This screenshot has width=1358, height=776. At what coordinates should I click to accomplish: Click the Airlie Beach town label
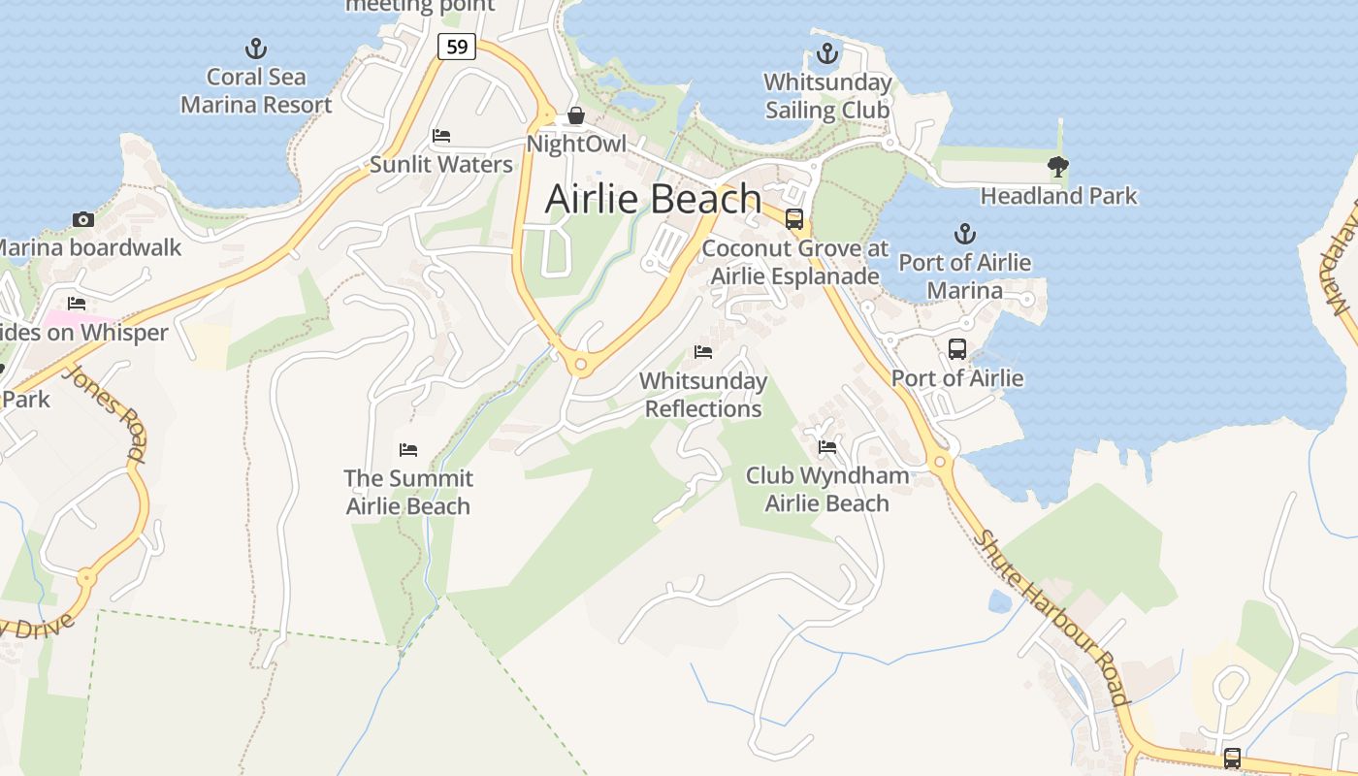[653, 199]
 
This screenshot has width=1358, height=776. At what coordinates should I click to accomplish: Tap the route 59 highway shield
[456, 46]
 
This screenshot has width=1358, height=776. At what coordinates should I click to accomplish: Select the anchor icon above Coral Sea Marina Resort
[255, 48]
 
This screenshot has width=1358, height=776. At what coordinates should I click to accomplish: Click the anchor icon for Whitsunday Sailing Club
[827, 53]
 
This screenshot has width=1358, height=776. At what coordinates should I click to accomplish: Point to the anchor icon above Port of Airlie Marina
[964, 234]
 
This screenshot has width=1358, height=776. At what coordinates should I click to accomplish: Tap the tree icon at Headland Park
[1058, 167]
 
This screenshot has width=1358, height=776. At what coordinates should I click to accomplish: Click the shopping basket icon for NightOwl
[576, 116]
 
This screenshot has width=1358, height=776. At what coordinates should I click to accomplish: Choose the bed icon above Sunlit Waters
[441, 136]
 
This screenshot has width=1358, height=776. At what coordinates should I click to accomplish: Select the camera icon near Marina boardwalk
[83, 219]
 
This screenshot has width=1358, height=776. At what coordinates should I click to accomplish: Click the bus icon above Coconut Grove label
[794, 219]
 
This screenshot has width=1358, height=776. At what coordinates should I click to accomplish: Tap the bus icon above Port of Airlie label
[957, 349]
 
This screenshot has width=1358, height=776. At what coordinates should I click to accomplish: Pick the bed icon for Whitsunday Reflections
[703, 352]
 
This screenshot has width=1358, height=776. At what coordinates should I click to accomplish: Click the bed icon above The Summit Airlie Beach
[408, 450]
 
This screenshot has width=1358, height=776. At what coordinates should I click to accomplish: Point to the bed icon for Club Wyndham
[827, 447]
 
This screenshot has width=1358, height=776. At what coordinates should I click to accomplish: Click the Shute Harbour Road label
[1052, 618]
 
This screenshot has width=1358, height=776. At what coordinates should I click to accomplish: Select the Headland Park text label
[1058, 196]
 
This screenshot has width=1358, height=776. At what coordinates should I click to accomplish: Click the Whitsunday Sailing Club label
[827, 96]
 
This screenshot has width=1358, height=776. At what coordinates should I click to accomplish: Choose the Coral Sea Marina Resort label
[256, 91]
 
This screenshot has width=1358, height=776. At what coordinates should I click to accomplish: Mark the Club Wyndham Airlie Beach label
[827, 489]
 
